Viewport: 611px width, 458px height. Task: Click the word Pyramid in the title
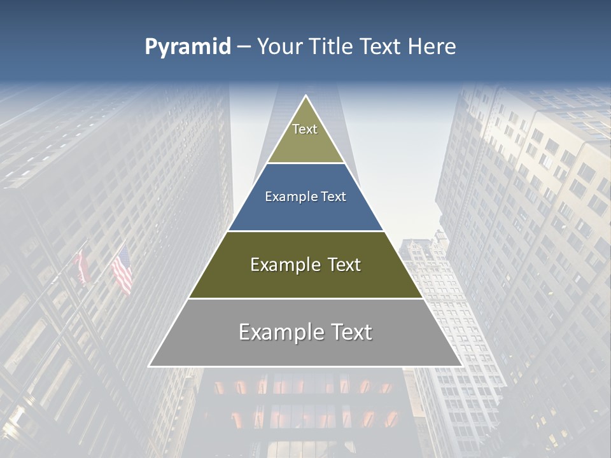click(188, 47)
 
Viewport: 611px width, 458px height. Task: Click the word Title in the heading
click(330, 47)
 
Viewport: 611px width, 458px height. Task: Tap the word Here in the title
click(432, 47)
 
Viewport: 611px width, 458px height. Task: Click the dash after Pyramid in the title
click(244, 47)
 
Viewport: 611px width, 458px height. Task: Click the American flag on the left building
click(122, 270)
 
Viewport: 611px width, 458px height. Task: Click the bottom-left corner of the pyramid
click(150, 366)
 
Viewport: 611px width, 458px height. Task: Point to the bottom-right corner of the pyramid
click(462, 366)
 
